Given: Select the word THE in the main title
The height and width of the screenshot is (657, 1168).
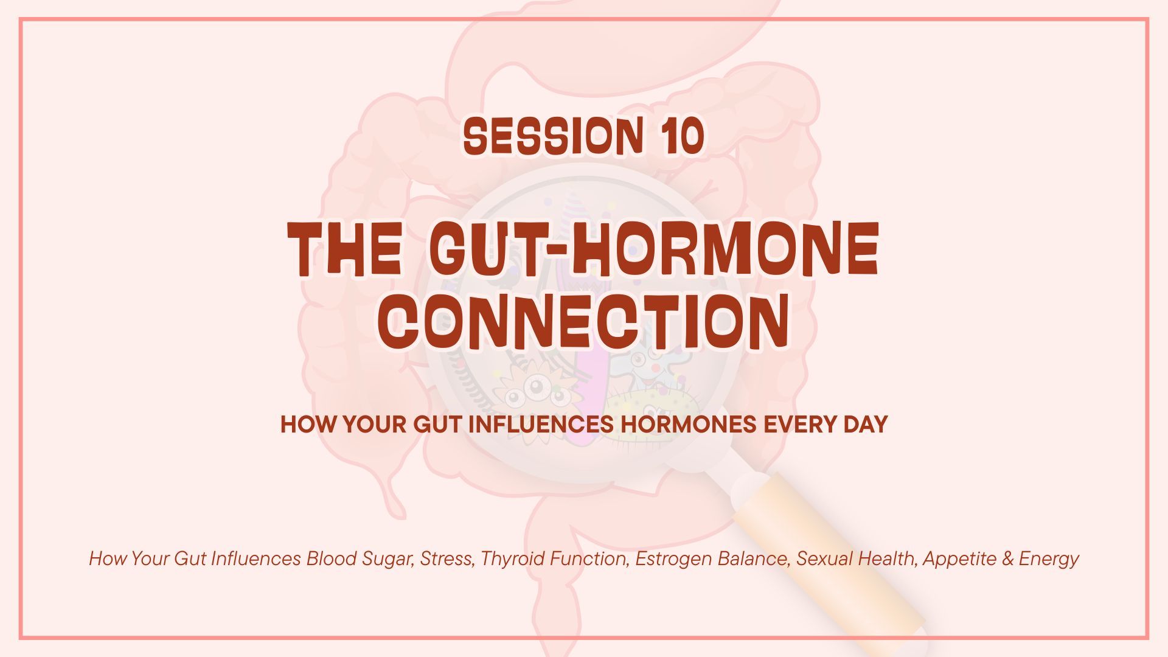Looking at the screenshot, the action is (x=345, y=249).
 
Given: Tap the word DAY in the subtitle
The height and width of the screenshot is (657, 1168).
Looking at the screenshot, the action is (x=859, y=424).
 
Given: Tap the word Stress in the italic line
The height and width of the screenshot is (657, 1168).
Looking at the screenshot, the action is (x=447, y=558).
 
